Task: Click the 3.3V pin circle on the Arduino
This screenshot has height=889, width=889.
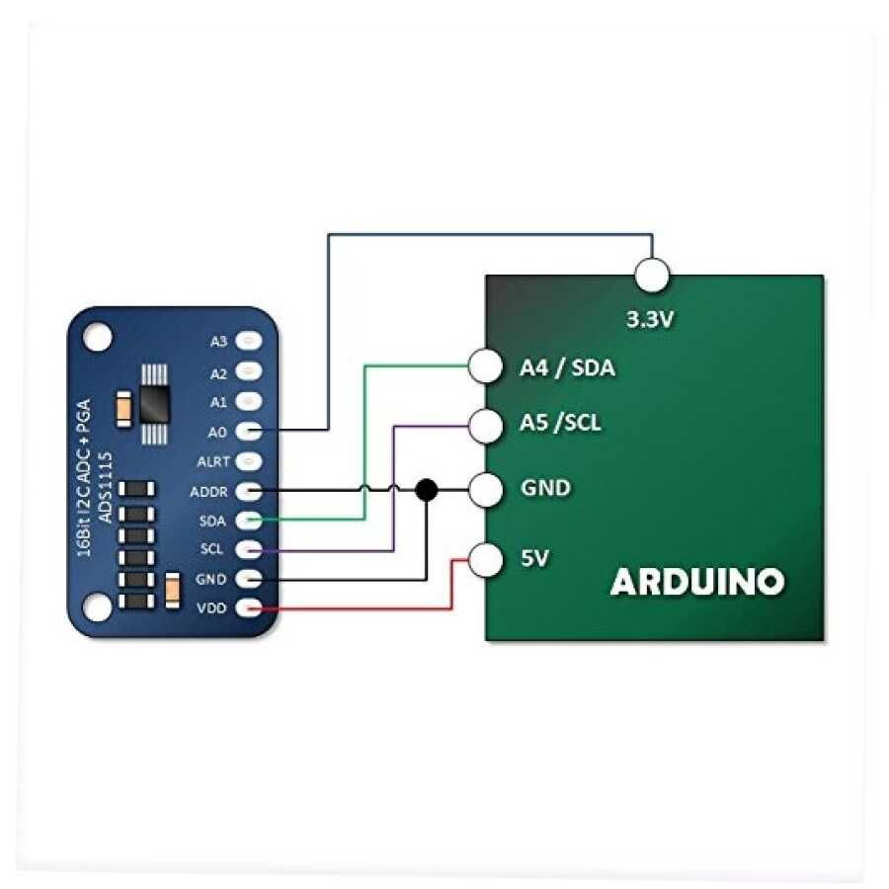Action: tap(652, 275)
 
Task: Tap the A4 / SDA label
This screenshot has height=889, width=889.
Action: tap(567, 368)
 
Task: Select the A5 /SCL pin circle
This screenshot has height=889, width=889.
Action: tap(485, 425)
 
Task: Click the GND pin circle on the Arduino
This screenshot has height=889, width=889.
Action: tap(485, 489)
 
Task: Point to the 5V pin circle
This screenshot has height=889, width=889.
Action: tap(485, 560)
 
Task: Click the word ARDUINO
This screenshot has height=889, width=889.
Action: tap(697, 582)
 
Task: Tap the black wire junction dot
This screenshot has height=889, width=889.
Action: tap(426, 489)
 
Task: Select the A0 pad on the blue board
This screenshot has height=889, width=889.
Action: tap(250, 431)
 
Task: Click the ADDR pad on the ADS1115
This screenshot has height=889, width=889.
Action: tap(250, 490)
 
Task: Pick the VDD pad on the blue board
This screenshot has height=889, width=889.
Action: tap(250, 608)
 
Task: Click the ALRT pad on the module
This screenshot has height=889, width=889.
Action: tap(250, 460)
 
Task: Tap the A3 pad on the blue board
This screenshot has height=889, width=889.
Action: tap(250, 341)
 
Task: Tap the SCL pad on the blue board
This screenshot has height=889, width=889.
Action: tap(250, 549)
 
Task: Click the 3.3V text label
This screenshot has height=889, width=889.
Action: tap(652, 320)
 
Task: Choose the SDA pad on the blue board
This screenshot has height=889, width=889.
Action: tap(250, 520)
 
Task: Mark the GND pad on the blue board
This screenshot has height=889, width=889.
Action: tap(250, 579)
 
